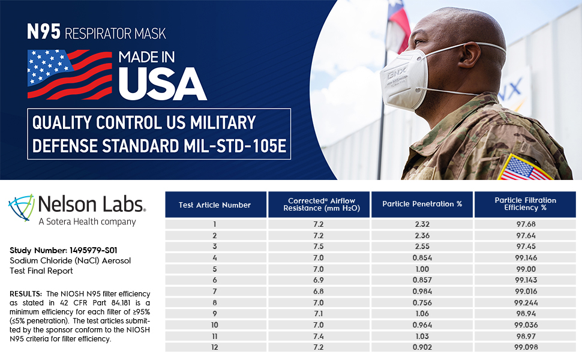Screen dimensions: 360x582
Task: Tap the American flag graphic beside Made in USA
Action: [x=70, y=73]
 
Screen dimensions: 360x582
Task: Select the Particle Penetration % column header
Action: [x=422, y=204]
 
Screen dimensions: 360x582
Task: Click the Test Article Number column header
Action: [x=215, y=205]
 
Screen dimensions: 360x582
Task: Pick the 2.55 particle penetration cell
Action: [x=422, y=246]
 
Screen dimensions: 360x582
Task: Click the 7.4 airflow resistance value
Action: [x=319, y=337]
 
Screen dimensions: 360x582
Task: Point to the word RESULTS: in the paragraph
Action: [x=26, y=293]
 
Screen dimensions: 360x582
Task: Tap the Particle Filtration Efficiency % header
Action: [x=525, y=204]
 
